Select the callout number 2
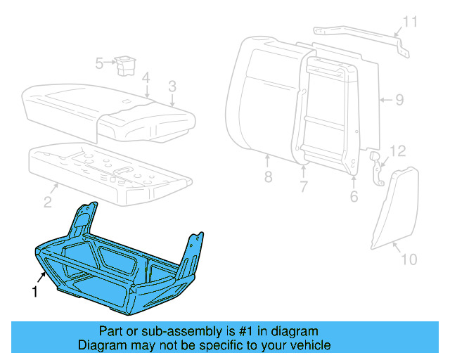point(47,203)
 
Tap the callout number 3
point(172,86)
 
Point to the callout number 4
point(145,77)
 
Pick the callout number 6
point(354,198)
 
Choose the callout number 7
point(304,187)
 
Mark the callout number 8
point(268,177)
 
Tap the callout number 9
point(399,100)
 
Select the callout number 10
point(409,259)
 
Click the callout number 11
point(410,21)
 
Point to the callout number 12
point(398,150)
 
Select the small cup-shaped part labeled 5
point(127,64)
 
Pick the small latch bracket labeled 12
point(378,169)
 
